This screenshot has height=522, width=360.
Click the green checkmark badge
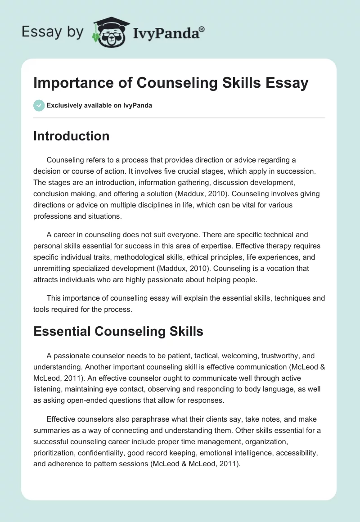click(x=39, y=105)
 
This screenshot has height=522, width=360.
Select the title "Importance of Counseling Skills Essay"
click(x=171, y=83)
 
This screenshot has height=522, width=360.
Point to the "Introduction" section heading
click(x=71, y=136)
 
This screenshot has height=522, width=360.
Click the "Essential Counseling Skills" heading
click(x=118, y=332)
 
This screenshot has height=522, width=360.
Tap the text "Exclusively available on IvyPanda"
click(x=99, y=106)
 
